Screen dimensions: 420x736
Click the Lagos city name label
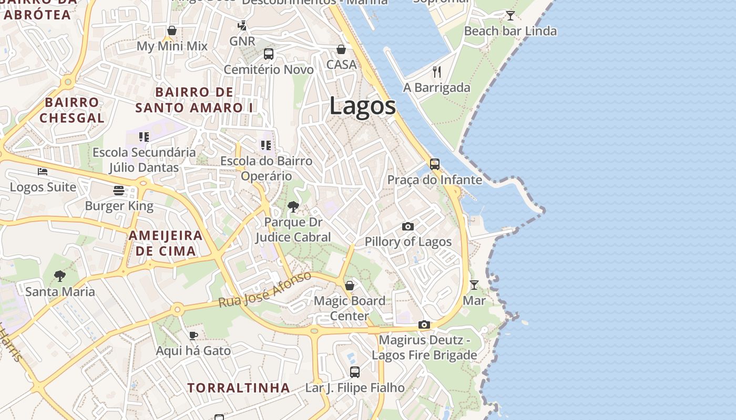click(x=362, y=106)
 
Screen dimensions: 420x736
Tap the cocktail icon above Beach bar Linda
click(x=510, y=15)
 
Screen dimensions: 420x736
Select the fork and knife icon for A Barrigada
click(x=437, y=71)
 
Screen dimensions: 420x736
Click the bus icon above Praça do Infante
click(x=434, y=164)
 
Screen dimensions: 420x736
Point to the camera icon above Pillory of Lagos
click(x=407, y=227)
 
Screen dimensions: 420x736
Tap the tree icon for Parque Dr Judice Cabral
click(x=293, y=207)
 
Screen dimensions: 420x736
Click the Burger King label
click(x=119, y=206)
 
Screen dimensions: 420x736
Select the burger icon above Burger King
click(x=119, y=191)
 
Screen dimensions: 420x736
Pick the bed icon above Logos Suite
click(x=43, y=172)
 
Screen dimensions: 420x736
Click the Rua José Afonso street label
click(x=265, y=290)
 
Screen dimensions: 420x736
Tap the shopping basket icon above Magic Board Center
click(x=349, y=286)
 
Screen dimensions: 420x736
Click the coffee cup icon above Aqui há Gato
click(x=193, y=335)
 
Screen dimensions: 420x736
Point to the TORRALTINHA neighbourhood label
click(x=239, y=388)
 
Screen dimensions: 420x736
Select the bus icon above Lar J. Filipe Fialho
click(x=355, y=372)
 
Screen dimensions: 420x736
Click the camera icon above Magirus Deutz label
click(x=424, y=325)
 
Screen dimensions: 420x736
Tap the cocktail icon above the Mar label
click(x=474, y=285)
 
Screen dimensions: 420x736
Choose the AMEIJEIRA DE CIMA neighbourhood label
click(x=166, y=243)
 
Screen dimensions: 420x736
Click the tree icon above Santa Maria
click(x=60, y=276)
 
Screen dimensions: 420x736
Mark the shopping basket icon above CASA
click(x=341, y=49)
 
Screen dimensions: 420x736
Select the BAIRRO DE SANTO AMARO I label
click(x=194, y=100)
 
